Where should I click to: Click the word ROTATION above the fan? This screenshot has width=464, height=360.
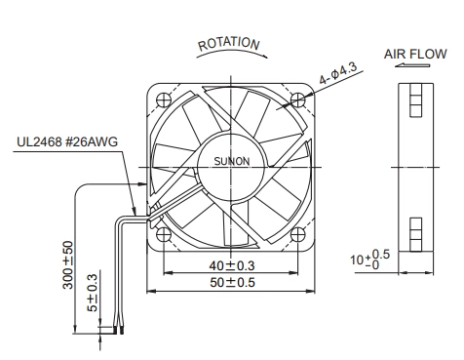coord(229,44)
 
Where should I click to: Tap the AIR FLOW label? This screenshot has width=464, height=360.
coord(415,54)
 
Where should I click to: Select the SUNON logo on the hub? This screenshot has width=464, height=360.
coord(232,161)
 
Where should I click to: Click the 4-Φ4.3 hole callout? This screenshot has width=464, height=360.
coord(338,73)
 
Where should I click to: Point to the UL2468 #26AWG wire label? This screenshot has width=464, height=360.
coord(67,142)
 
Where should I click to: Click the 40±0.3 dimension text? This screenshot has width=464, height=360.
coord(232,265)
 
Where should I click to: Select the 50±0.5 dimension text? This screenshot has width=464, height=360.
coord(232,282)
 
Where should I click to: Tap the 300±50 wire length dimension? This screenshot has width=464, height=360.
coord(68,264)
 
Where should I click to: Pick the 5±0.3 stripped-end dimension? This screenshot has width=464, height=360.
coord(93,293)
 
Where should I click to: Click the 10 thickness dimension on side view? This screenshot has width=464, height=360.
coord(369,260)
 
